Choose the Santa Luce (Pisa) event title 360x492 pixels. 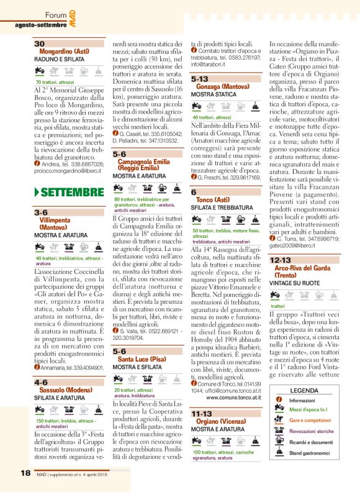pyautogui.click(x=142, y=359)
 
